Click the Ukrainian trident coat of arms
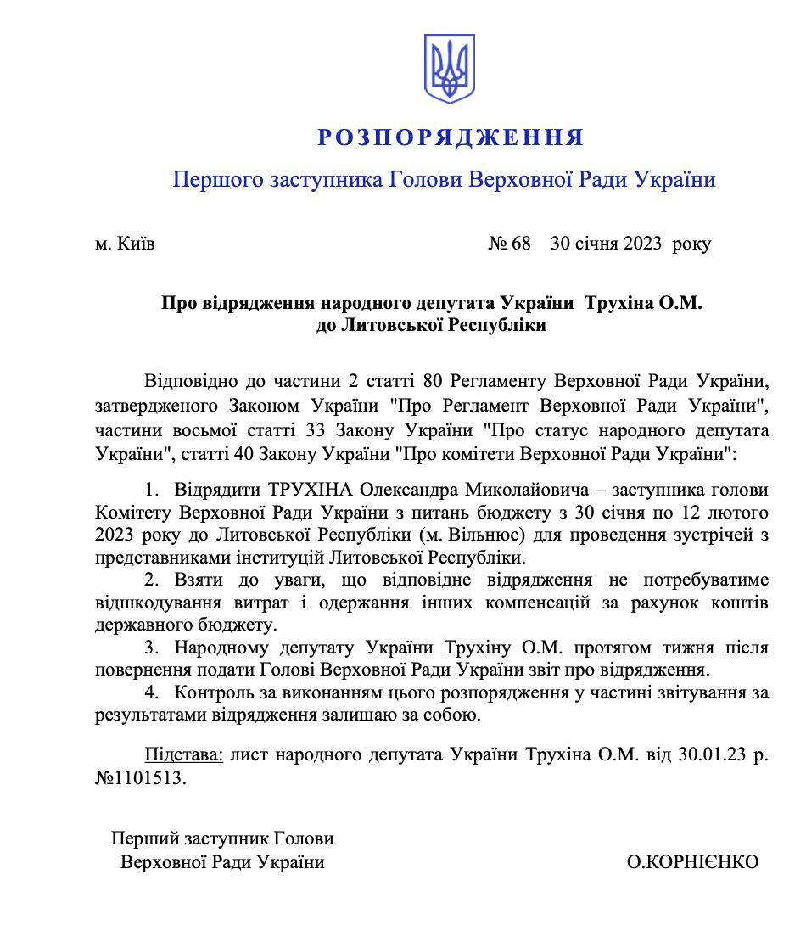449,70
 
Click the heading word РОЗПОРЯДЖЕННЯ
451,137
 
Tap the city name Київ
136,244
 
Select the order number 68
520,244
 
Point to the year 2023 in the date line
646,244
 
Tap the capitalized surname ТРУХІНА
310,491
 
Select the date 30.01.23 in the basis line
713,755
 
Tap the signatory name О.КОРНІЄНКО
693,863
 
